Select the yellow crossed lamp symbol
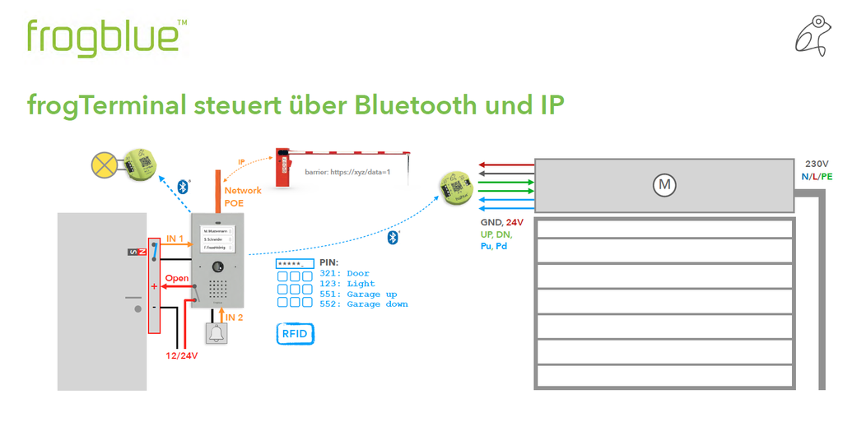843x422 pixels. (104, 165)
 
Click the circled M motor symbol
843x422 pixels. (664, 186)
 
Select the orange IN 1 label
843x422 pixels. (175, 239)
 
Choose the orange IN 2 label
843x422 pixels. (235, 317)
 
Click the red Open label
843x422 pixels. (176, 278)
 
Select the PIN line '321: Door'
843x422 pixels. (345, 273)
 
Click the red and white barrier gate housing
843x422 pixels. (283, 164)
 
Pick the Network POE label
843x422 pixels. (242, 197)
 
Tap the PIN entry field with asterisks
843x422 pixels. (295, 263)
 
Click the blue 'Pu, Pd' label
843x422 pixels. (494, 246)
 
